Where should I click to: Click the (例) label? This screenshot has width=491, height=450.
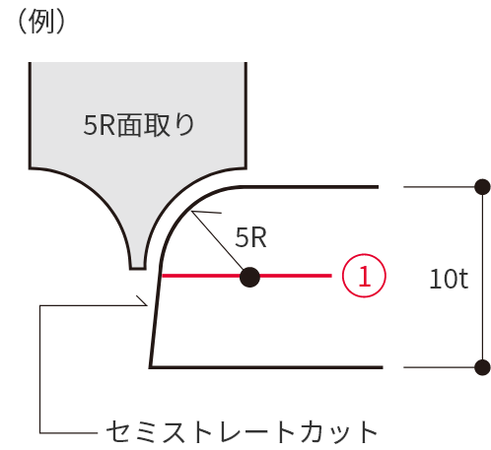pyautogui.click(x=41, y=22)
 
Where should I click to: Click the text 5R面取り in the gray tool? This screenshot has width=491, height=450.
pyautogui.click(x=139, y=125)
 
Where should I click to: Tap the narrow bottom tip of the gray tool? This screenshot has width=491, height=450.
pyautogui.click(x=138, y=268)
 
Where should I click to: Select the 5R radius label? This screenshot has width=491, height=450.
pyautogui.click(x=250, y=237)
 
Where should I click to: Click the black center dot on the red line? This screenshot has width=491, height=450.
pyautogui.click(x=249, y=278)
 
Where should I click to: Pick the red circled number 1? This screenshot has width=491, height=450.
pyautogui.click(x=364, y=276)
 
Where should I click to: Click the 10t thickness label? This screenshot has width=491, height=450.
pyautogui.click(x=449, y=279)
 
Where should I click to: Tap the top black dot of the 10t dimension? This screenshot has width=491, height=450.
pyautogui.click(x=483, y=187)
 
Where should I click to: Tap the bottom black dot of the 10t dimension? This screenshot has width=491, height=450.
pyautogui.click(x=483, y=367)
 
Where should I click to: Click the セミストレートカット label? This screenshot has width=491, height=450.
pyautogui.click(x=242, y=432)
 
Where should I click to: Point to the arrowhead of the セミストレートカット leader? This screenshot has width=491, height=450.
pyautogui.click(x=147, y=305)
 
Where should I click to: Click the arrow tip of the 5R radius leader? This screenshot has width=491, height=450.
pyautogui.click(x=192, y=212)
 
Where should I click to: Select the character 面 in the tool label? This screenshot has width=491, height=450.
pyautogui.click(x=130, y=125)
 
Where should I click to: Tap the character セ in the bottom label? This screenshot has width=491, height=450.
pyautogui.click(x=117, y=432)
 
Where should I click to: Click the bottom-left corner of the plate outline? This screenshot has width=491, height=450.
pyautogui.click(x=150, y=367)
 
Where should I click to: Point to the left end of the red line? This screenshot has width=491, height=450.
pyautogui.click(x=163, y=276)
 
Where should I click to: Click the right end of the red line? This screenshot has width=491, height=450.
pyautogui.click(x=331, y=276)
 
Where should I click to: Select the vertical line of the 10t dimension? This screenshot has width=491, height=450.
pyautogui.click(x=483, y=278)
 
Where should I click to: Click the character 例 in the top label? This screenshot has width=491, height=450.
pyautogui.click(x=41, y=22)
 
